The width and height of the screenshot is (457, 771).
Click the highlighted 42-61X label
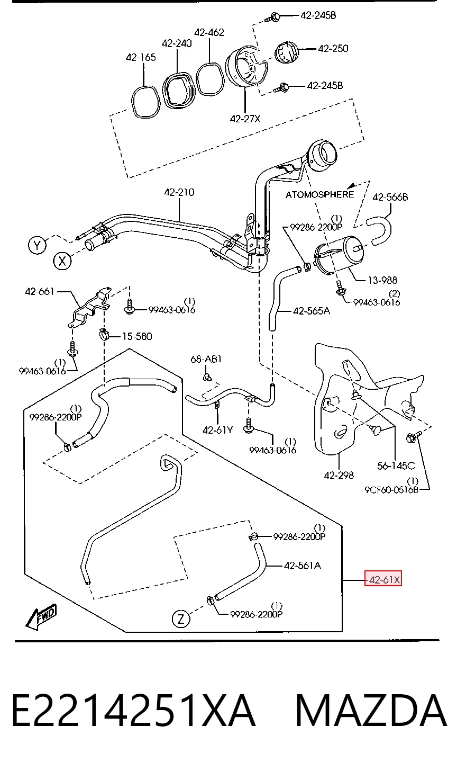pos(383,580)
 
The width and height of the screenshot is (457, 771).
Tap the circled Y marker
pos(37,245)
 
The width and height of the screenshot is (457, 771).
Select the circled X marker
pos(62,261)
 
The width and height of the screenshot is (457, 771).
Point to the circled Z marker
pos(181,619)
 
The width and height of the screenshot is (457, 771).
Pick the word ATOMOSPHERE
pos(319,195)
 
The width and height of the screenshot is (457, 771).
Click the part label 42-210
pos(179,192)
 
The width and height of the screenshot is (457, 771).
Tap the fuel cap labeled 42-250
pos(287,52)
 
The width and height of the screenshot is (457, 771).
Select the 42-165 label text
pos(141,57)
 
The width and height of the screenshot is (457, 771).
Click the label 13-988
pos(382,281)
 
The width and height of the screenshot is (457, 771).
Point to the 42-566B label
pos(390,197)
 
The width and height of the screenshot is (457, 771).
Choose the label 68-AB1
pos(206,360)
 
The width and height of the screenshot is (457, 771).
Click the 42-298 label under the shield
pos(339,476)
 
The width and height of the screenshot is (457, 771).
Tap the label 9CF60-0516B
pos(391,489)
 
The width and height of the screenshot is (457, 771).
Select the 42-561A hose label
pos(302,566)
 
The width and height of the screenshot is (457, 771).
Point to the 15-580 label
pos(137,336)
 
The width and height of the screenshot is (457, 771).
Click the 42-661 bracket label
pos(40,292)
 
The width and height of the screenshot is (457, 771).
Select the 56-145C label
pos(396,465)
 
